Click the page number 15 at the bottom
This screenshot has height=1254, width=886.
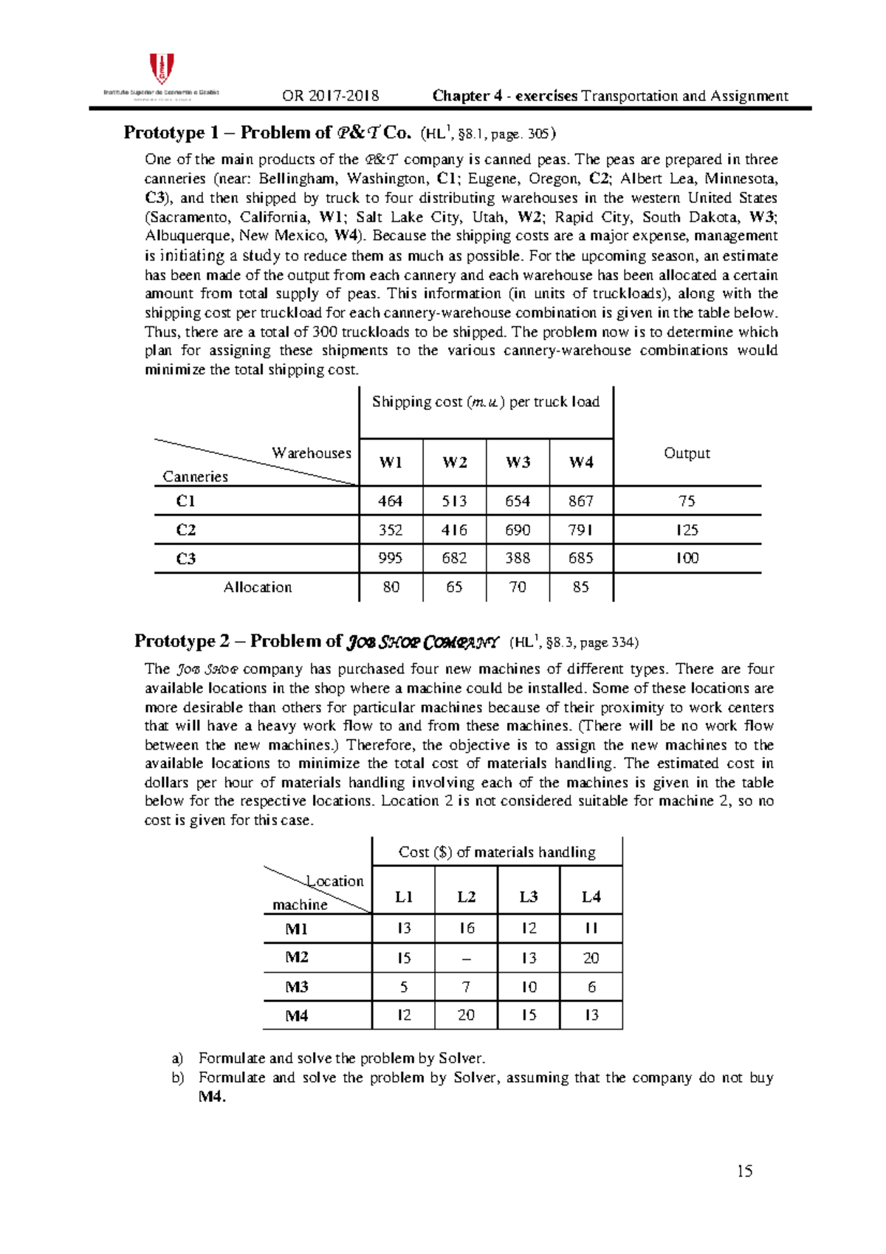744,1171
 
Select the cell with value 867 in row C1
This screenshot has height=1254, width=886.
580,501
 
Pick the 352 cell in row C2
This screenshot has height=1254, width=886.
390,530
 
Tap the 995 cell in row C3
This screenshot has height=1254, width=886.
390,558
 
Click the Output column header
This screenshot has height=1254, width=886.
687,453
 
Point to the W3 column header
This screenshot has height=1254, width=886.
518,462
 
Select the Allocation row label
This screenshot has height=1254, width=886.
258,587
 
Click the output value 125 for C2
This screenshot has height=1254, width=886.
687,530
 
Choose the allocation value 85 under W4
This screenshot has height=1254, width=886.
580,587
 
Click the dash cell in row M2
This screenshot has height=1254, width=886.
466,958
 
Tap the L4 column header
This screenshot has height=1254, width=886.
591,897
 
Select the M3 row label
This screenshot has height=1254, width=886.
297,987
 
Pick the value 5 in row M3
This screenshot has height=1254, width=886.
403,987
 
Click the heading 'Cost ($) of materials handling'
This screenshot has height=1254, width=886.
497,852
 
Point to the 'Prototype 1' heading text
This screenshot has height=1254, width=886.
171,133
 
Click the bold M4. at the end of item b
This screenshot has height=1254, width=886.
212,1097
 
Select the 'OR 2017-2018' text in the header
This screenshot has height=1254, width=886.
330,96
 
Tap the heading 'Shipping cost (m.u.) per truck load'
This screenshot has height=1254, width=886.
485,402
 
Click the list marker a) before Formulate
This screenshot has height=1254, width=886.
177,1058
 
